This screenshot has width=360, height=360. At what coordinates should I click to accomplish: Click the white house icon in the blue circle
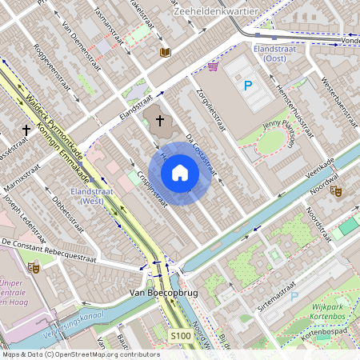[x=180, y=172]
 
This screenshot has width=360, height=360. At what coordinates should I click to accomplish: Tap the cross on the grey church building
[x=159, y=121]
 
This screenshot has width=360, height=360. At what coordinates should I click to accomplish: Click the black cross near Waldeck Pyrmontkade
[x=27, y=129]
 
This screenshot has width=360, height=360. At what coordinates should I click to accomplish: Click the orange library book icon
[x=166, y=52]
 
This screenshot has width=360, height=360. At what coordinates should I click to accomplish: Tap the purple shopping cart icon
[x=212, y=67]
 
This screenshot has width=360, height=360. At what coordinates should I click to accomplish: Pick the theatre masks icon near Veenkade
[x=336, y=192]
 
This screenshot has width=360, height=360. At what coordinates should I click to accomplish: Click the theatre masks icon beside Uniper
[x=33, y=268]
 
